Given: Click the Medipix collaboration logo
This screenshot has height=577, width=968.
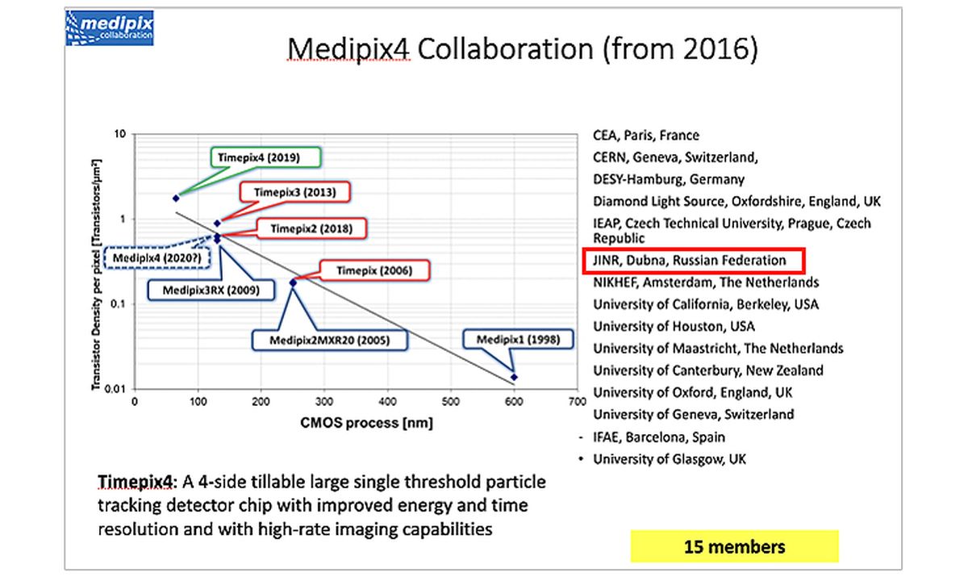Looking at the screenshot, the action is point(110,28).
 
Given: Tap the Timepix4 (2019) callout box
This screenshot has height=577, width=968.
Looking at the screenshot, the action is point(265,157).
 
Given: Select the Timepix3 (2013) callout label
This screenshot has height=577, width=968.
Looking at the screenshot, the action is point(294,192).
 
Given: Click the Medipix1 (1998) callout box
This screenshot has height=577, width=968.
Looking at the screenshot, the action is point(518,339).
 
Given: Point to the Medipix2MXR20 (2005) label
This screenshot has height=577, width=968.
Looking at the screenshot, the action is point(329,341).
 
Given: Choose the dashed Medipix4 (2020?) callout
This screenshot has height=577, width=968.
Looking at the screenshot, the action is point(157,258).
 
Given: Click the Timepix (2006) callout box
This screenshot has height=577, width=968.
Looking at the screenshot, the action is point(374,270).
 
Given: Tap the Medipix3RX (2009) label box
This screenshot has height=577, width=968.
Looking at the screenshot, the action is point(211,290).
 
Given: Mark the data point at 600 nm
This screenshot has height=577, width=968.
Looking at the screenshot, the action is point(514,378).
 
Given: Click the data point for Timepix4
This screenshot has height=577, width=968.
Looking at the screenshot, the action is point(176,199).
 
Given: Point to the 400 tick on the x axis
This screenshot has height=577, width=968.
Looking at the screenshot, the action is point(387,402).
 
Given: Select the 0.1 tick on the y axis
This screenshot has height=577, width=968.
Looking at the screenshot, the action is point(117,304).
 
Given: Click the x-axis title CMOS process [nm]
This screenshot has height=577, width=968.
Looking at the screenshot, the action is point(366,423).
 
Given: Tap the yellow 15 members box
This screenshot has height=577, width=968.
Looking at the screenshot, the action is point(735,546).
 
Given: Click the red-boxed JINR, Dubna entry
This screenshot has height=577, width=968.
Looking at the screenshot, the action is point(694,261).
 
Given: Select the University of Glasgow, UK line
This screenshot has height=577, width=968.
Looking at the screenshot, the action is point(670,459).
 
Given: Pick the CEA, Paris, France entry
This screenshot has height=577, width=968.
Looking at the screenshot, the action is point(646,136).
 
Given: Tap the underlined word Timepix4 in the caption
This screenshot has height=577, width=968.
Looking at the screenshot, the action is point(135,482).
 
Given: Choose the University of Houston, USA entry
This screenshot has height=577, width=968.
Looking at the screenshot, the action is point(674,326).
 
